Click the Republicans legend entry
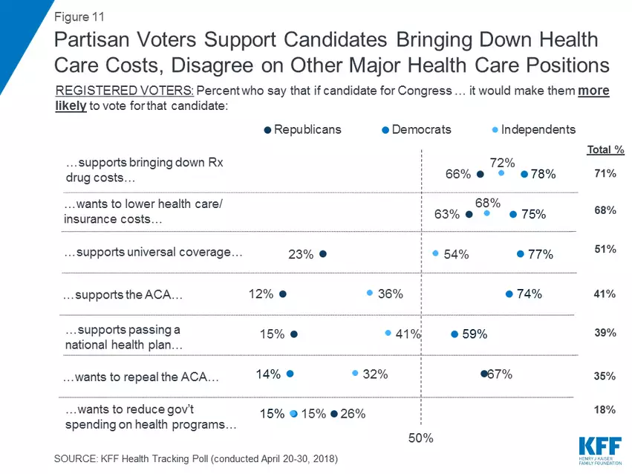pyautogui.click(x=303, y=130)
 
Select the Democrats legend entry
pyautogui.click(x=417, y=130)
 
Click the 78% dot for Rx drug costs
pyautogui.click(x=524, y=175)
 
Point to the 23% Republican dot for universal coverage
pyautogui.click(x=323, y=254)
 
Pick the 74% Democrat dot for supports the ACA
pyautogui.click(x=509, y=293)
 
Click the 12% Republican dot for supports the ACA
pyautogui.click(x=283, y=293)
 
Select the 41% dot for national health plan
pyautogui.click(x=388, y=334)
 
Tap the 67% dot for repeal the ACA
pyautogui.click(x=483, y=374)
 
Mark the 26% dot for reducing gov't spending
pyautogui.click(x=334, y=414)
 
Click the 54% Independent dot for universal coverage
pyautogui.click(x=436, y=254)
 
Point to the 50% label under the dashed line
pyautogui.click(x=421, y=439)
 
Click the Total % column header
pyautogui.click(x=605, y=150)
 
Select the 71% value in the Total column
pyautogui.click(x=605, y=174)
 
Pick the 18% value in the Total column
pyautogui.click(x=605, y=409)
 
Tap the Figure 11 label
pyautogui.click(x=79, y=16)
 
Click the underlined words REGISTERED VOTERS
pyautogui.click(x=125, y=91)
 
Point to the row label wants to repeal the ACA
pyautogui.click(x=141, y=377)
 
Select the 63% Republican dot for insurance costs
pyautogui.click(x=469, y=215)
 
